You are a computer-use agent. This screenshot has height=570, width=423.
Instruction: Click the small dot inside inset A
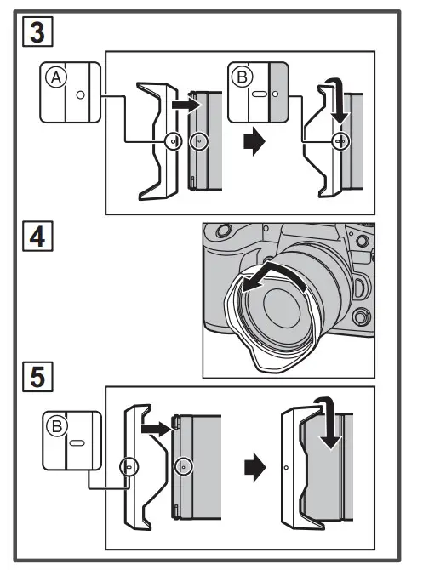point(80,96)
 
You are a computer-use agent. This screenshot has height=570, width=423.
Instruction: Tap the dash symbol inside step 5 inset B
point(76,443)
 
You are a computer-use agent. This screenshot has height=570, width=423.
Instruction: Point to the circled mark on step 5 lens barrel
point(182,466)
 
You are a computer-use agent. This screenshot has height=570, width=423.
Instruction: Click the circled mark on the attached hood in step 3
point(339,142)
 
